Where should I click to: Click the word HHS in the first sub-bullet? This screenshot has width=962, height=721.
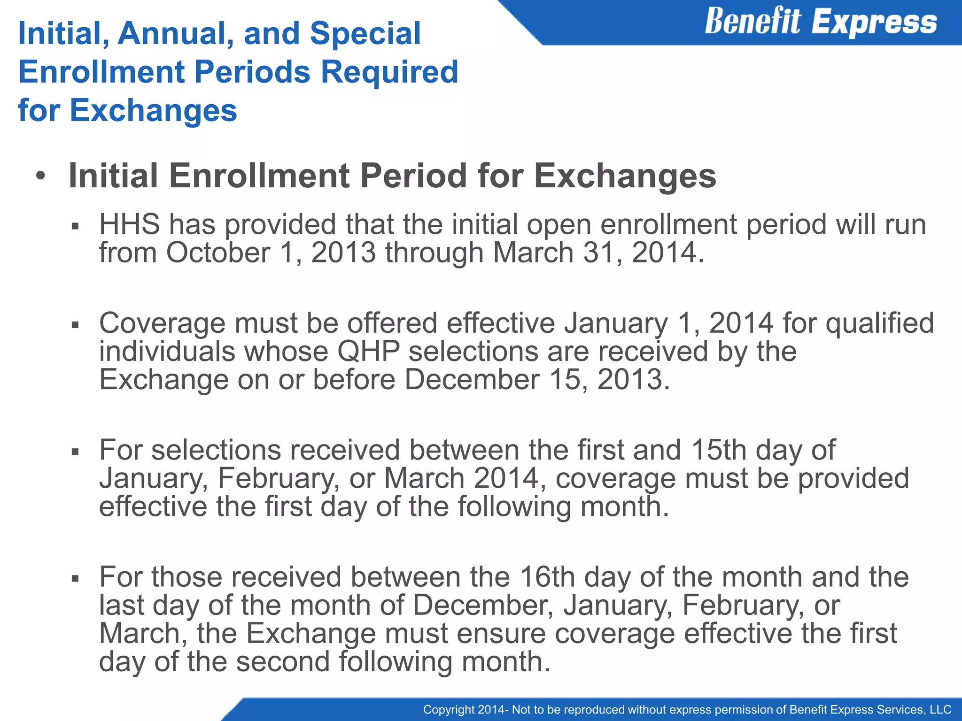[129, 224]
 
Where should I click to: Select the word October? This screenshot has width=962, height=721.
[218, 253]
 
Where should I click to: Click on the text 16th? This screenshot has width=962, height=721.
[547, 577]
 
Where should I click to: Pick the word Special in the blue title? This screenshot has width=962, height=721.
[365, 34]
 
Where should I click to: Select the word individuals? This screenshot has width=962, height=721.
[167, 352]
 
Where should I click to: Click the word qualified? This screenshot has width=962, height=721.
[879, 323]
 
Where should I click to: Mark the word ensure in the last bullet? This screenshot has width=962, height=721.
[501, 633]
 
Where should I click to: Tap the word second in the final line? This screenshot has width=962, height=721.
[283, 661]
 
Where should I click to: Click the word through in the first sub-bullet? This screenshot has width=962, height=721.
[434, 253]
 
